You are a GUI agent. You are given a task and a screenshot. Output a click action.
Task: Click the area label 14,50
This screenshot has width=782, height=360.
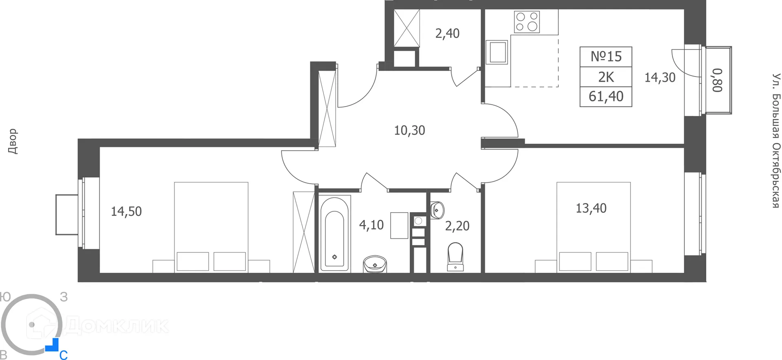[126, 211]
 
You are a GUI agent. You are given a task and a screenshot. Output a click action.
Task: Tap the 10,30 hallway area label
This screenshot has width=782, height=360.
[409, 130]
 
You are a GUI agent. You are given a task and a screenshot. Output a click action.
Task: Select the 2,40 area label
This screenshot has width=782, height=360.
[447, 33]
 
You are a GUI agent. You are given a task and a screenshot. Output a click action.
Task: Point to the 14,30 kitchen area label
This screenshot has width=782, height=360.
[659, 77]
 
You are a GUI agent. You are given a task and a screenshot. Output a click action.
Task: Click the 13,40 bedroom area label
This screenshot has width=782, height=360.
[591, 208]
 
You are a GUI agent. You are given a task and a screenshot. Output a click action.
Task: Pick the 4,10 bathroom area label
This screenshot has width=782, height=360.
[371, 225]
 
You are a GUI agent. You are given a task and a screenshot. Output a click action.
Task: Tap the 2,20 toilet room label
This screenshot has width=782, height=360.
[457, 226]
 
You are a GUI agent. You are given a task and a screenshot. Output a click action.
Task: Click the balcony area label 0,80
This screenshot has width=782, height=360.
[717, 80]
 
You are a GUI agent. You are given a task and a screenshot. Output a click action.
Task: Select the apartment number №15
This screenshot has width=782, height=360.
[606, 57]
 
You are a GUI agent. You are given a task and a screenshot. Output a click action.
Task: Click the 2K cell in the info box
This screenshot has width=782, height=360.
[606, 77]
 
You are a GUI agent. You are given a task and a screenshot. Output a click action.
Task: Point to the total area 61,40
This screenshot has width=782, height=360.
[606, 97]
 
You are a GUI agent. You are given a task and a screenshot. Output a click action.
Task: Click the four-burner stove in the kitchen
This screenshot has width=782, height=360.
[527, 22]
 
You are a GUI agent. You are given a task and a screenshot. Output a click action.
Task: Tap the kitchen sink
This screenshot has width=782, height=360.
[497, 52]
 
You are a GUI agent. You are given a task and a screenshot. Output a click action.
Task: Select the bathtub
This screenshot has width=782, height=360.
[334, 234]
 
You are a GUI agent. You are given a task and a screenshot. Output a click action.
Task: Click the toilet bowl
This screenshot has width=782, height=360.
[455, 256]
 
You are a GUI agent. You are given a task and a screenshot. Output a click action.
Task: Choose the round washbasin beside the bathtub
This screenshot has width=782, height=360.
[375, 264]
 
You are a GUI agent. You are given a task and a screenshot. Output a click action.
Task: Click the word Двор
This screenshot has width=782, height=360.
[13, 141]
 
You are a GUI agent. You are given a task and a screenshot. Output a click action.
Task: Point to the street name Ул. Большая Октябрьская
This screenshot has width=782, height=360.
[776, 140]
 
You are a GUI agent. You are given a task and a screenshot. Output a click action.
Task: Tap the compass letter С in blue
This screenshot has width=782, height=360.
[64, 355]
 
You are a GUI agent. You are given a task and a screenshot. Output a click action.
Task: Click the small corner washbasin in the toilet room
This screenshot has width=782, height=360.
[437, 210]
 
